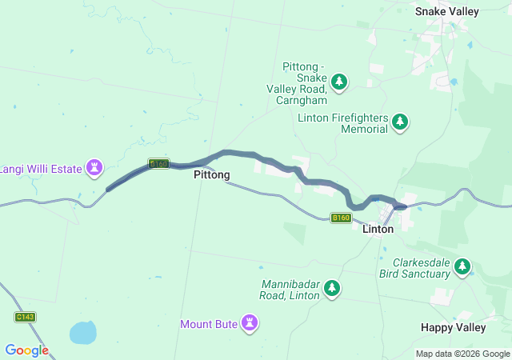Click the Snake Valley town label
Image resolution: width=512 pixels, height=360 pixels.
[447, 11]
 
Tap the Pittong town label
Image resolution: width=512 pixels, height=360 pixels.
[212, 174]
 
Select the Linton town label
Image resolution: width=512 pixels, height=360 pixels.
[378, 229]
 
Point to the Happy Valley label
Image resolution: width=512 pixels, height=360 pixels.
[453, 327]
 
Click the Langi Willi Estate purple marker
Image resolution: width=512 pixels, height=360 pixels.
[97, 166]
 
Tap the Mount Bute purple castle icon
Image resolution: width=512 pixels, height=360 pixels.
[252, 322]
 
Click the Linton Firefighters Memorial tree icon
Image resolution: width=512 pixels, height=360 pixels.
[401, 122]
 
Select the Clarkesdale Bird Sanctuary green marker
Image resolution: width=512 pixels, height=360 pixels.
[462, 266]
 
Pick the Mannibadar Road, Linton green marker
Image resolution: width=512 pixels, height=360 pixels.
[331, 289]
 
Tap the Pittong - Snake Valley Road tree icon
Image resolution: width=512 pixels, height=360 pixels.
[340, 81]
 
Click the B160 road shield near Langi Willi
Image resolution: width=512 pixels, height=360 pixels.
[159, 164]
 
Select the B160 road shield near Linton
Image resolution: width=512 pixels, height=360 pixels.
[342, 218]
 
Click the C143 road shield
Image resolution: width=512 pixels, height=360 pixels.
[25, 317]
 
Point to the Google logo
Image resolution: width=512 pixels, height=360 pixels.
[26, 350]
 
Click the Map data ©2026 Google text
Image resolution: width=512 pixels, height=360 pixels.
[462, 354]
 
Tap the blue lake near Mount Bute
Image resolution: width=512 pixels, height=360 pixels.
[82, 331]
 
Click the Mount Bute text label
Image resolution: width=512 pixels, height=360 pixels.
[208, 324]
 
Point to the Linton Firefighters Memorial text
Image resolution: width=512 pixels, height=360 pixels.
[342, 123]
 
